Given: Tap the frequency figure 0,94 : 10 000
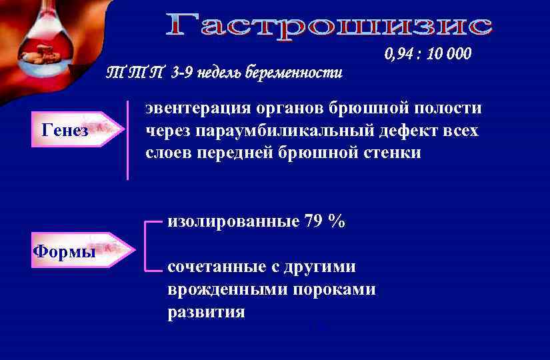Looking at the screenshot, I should point(427,54).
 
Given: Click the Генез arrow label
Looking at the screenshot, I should point(65,130).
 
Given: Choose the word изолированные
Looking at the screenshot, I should point(233,222).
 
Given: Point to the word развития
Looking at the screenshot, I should point(206,312).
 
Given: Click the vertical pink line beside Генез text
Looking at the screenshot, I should point(127,141).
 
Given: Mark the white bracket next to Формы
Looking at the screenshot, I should point(148,245).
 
